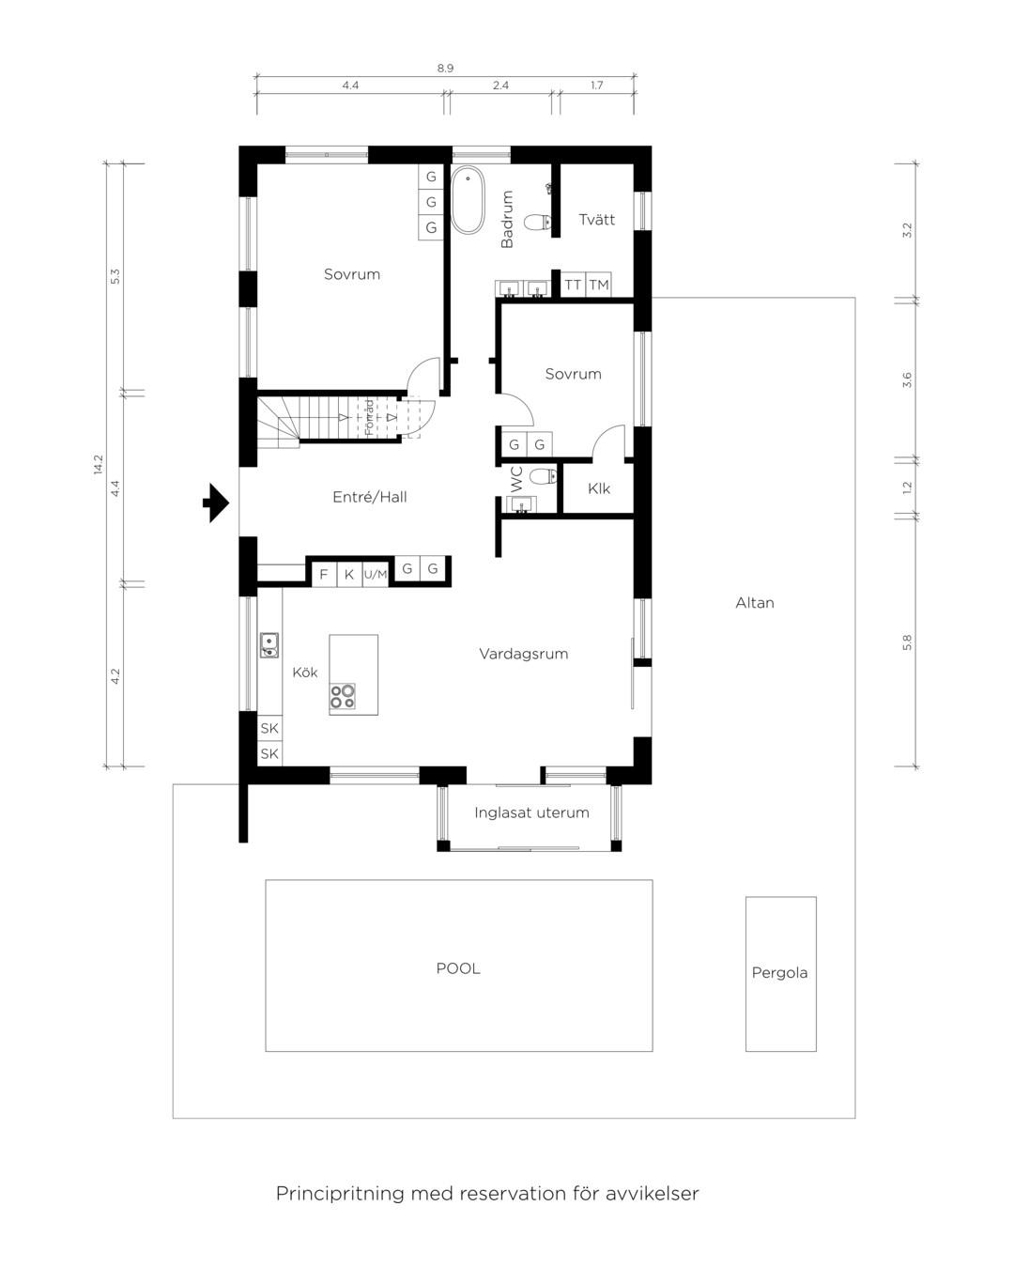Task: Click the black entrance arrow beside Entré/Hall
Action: (216, 503)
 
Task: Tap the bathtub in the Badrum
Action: (468, 199)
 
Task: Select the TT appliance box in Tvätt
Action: (573, 286)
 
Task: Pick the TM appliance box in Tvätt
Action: (599, 286)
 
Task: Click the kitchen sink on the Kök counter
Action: (269, 644)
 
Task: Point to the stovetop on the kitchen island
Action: (343, 696)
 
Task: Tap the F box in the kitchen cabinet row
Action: (324, 574)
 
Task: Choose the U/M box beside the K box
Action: (376, 574)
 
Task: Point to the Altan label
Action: (754, 602)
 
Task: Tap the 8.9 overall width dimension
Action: (445, 69)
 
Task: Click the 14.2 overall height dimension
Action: (98, 465)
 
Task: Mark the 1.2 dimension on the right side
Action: (907, 487)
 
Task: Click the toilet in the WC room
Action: (543, 475)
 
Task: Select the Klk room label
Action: (599, 488)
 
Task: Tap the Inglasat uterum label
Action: (531, 812)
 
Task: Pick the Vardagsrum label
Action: (523, 654)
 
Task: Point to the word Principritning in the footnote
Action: (341, 1193)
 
